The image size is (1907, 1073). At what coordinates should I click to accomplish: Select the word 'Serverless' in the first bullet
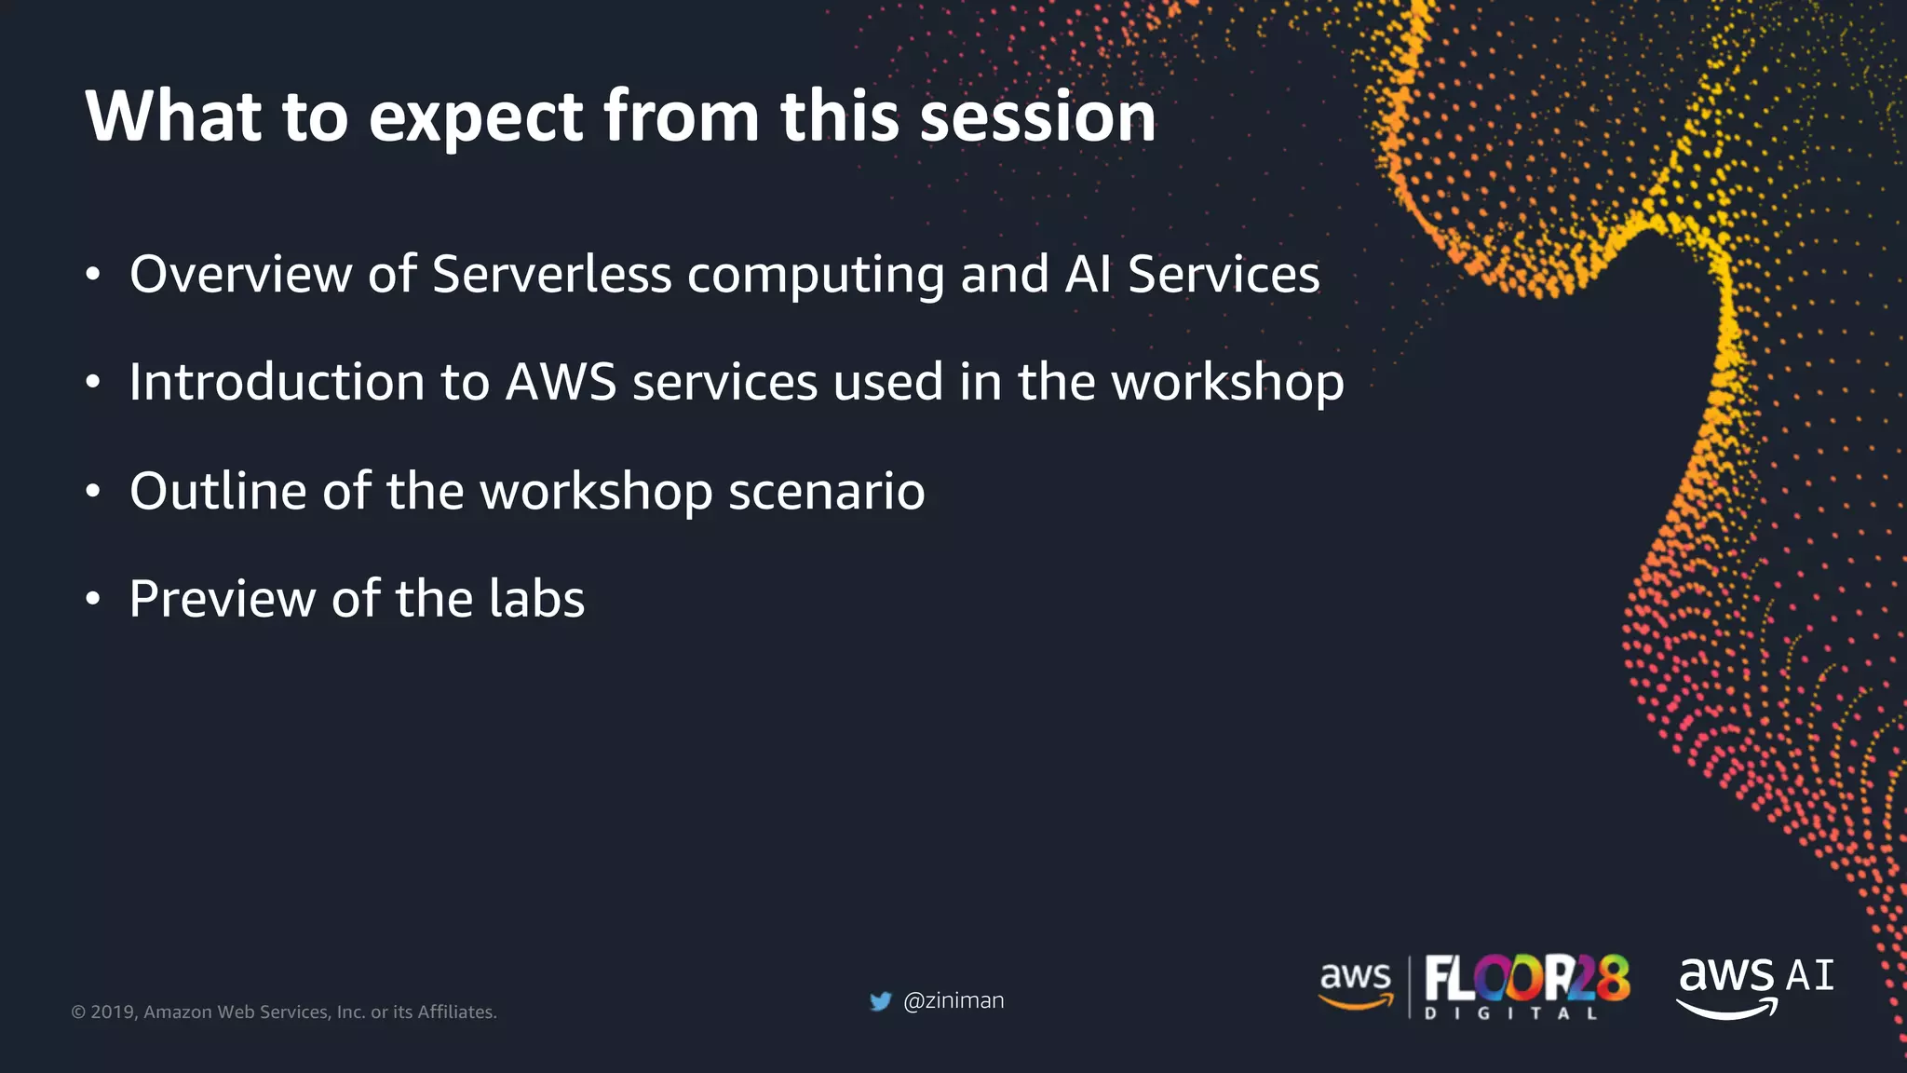551,274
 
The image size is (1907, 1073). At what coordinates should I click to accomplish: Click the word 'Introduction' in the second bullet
277,382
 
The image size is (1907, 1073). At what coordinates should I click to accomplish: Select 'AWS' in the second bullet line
561,382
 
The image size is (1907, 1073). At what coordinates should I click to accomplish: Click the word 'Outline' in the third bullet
218,491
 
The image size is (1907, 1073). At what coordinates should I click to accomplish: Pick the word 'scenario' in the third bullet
826,491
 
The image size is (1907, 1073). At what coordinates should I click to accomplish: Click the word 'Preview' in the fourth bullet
222,599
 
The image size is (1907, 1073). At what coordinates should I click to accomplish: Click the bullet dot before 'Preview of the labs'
92,601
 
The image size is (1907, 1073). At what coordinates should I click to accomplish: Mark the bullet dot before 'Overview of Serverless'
92,276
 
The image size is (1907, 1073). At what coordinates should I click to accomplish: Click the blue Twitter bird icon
880,1001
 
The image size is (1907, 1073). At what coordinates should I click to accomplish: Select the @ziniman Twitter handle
953,1000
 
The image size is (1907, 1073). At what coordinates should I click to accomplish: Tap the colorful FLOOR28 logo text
1526,978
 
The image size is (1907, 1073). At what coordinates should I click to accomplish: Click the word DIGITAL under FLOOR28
1510,1013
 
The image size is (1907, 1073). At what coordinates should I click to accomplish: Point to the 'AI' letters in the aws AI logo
1809,975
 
